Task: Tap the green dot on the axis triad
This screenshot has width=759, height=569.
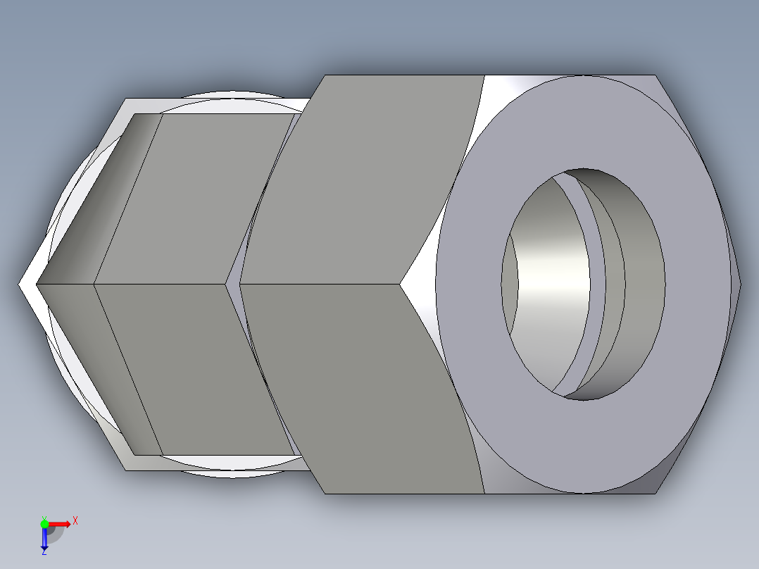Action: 44,523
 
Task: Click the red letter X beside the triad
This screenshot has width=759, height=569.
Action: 75,520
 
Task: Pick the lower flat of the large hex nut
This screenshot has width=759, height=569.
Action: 359,387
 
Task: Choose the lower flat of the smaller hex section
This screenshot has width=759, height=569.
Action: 197,366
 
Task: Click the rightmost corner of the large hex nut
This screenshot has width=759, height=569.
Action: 740,284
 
